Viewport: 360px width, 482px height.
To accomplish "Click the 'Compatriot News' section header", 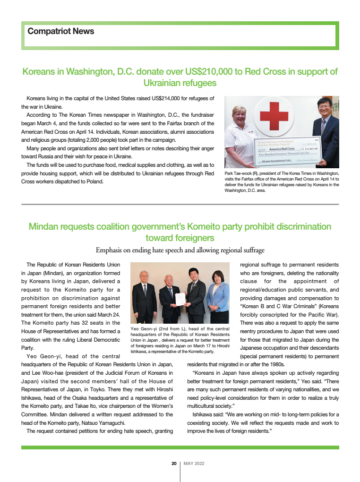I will click(60, 31).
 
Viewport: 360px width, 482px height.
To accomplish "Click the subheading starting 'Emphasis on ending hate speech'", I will click(180, 250).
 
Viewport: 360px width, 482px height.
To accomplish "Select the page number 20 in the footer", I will click(174, 464).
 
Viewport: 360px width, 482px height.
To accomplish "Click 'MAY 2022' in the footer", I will click(194, 464).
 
